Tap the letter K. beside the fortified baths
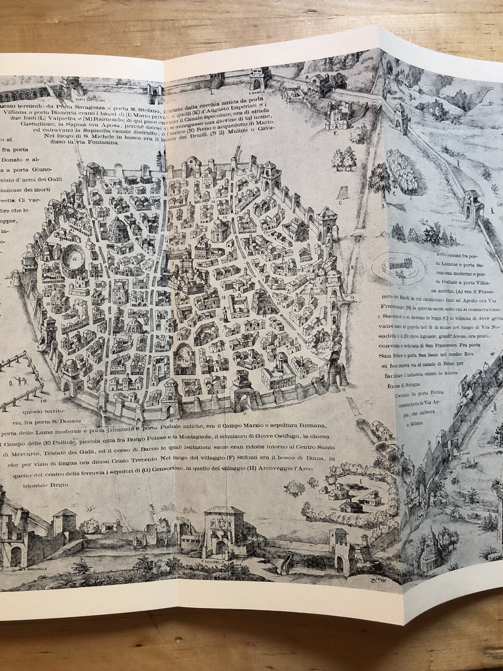click(x=336, y=135)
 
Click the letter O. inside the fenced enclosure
click(x=11, y=382)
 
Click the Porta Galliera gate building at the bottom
click(x=218, y=533)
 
